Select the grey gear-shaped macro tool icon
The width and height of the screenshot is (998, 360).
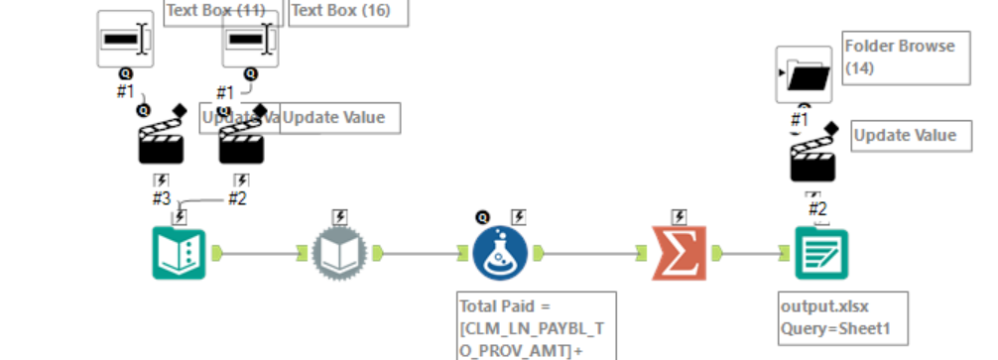[340, 253]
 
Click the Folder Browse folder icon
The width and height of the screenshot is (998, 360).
[804, 74]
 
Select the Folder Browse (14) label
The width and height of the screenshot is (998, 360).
[900, 57]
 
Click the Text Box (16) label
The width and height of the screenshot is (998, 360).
[347, 11]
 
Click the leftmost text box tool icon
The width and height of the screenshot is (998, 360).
[125, 39]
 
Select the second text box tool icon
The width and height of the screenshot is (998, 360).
[249, 39]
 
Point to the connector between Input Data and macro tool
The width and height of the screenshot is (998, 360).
[258, 253]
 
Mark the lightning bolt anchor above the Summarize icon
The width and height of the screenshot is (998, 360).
[680, 215]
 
